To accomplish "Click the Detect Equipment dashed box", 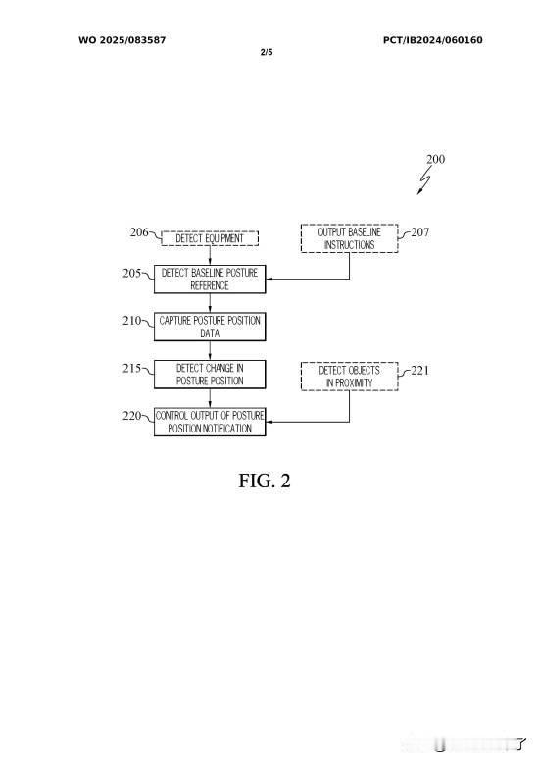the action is coord(210,238).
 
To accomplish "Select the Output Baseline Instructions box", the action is coord(349,238).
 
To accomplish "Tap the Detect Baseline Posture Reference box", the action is coord(210,280).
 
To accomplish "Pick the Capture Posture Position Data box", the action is coord(210,327).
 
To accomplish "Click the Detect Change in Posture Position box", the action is coord(210,375).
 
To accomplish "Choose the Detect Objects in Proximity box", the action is coord(349,377).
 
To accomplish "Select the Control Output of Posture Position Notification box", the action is coord(210,422).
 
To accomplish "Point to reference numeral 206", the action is coord(139,232).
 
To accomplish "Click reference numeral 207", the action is coord(420,232).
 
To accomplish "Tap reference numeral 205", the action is coord(132,273).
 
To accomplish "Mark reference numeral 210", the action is coord(132,320).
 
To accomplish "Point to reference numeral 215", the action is coord(132,368).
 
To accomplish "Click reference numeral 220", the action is coord(132,416).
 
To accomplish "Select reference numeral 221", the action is coord(420,371).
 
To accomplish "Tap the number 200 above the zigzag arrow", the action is coord(435,159).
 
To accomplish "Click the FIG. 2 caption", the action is coord(265,481).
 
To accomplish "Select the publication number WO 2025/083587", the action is coord(122,40).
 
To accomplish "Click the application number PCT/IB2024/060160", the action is coord(433,40).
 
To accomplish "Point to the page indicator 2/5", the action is coord(267,52).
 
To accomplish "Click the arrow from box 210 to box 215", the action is coord(210,351).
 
